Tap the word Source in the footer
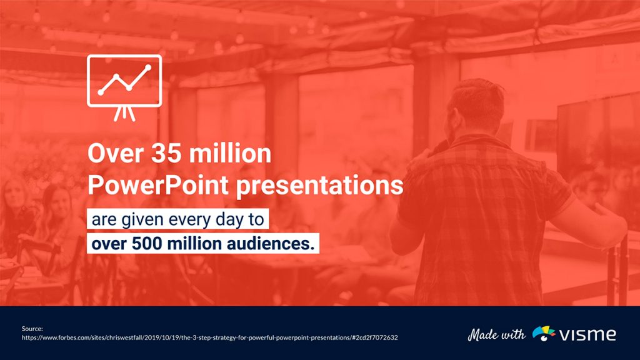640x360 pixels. coord(31,328)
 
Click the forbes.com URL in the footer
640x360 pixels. coord(209,337)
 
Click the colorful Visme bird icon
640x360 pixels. coord(544,334)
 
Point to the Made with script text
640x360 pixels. coord(497,334)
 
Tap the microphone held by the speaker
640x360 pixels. coord(437,147)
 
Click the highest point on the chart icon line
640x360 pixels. coord(148,67)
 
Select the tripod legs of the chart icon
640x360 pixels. coord(124,113)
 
